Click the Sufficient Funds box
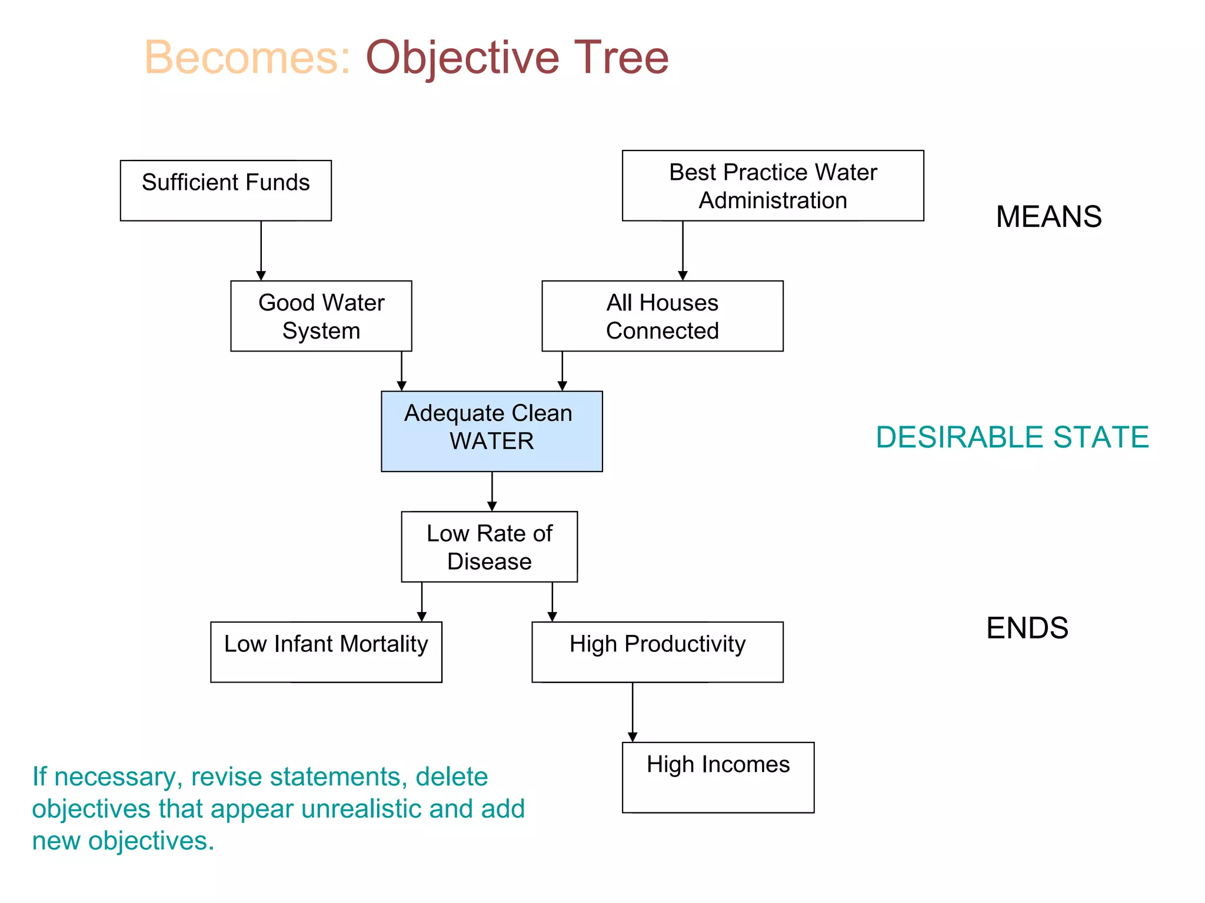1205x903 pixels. click(225, 190)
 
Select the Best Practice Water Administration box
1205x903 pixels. click(773, 186)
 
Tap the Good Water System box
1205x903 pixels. click(321, 316)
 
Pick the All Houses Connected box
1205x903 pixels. click(662, 316)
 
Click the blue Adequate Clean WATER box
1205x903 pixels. click(491, 431)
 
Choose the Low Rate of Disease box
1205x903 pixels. click(489, 547)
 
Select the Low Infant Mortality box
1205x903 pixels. click(326, 652)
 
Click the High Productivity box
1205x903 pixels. click(657, 652)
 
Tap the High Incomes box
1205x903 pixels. click(718, 777)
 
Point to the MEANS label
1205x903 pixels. click(1048, 216)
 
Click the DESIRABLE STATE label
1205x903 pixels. click(1012, 437)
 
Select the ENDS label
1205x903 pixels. click(1027, 628)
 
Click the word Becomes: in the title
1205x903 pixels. click(247, 58)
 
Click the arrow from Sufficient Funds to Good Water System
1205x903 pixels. click(261, 250)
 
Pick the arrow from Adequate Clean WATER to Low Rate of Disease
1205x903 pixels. click(492, 491)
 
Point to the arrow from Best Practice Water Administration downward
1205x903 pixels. click(683, 250)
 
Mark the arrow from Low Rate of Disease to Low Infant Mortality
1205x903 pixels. click(421, 601)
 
